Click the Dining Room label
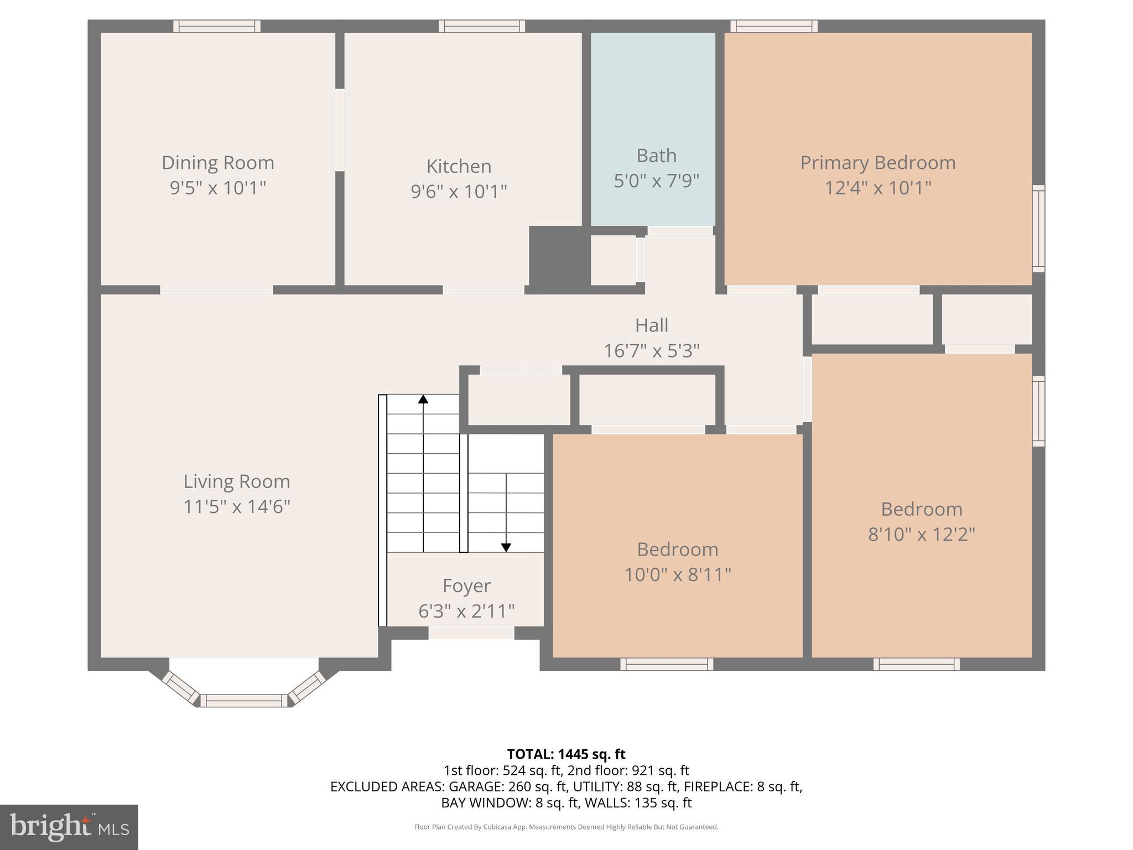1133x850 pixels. click(x=217, y=163)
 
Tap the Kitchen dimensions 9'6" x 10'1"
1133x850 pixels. click(x=459, y=191)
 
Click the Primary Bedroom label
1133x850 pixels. click(x=877, y=163)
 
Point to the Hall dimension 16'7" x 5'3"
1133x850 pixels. click(x=651, y=351)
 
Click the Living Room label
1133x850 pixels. click(x=236, y=481)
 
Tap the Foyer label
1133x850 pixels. click(x=466, y=585)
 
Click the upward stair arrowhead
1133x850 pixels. click(x=423, y=398)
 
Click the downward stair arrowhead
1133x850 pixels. click(x=506, y=547)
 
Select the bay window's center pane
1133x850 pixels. click(x=244, y=701)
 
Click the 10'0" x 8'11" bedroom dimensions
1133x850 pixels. click(x=677, y=575)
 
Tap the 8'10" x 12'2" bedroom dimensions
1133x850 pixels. click(x=921, y=535)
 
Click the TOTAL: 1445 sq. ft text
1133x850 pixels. click(x=566, y=754)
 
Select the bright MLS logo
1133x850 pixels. click(x=69, y=827)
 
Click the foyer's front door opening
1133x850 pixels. click(x=471, y=633)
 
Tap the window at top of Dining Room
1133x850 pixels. click(x=217, y=26)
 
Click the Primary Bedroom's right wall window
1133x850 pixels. click(x=1038, y=229)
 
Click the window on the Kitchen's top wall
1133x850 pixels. click(x=482, y=26)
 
